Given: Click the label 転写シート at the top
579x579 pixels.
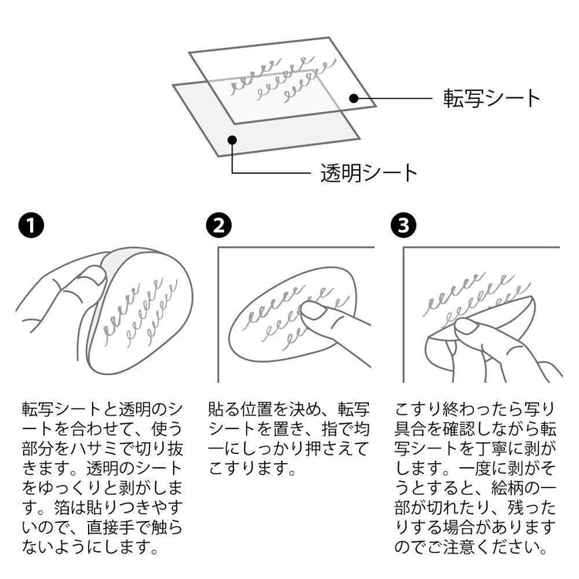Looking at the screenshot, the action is tap(492, 98).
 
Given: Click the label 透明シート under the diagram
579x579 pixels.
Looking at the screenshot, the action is tap(369, 172).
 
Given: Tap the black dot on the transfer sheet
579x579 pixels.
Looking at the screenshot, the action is tap(354, 98).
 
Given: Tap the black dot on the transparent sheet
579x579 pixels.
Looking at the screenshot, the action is tap(232, 140).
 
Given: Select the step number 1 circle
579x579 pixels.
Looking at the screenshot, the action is tap(32, 225).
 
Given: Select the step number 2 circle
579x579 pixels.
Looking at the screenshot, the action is tap(219, 225).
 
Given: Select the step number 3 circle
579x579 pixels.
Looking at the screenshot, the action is tap(403, 225).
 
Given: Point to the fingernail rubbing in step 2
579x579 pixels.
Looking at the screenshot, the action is tap(313, 310).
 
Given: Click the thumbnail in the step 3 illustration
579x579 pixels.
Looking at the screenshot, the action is tap(466, 326).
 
